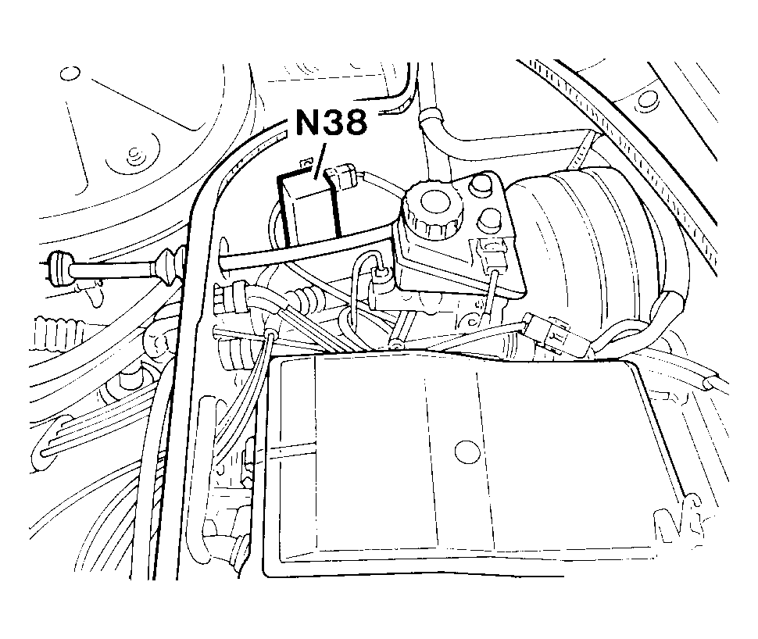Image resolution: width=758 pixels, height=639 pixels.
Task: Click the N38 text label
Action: tap(331, 123)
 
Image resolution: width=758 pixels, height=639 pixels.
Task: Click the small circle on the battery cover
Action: tap(467, 449)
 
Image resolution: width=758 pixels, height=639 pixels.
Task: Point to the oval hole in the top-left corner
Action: tap(70, 73)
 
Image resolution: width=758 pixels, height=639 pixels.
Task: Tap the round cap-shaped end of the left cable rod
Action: tap(58, 266)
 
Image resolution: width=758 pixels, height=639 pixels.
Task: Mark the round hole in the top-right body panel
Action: tap(645, 99)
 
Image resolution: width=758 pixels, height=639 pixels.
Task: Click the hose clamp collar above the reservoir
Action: tap(430, 117)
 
